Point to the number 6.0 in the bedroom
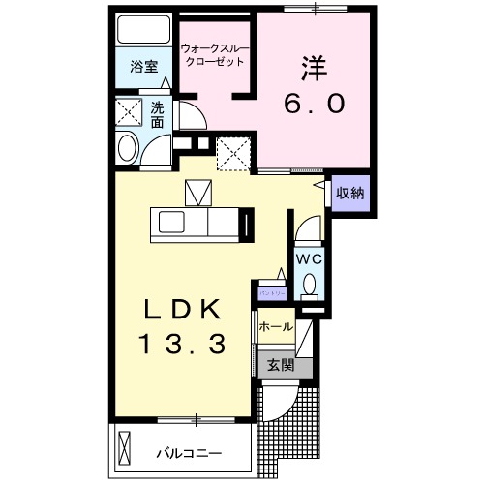coord(315,103)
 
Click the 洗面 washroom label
coord(157,115)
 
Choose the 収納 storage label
coord(349,193)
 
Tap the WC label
coord(308,258)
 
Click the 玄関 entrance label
coord(280,366)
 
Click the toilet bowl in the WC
coord(309,286)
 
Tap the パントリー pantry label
coord(270,290)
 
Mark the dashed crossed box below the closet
coord(232,152)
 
